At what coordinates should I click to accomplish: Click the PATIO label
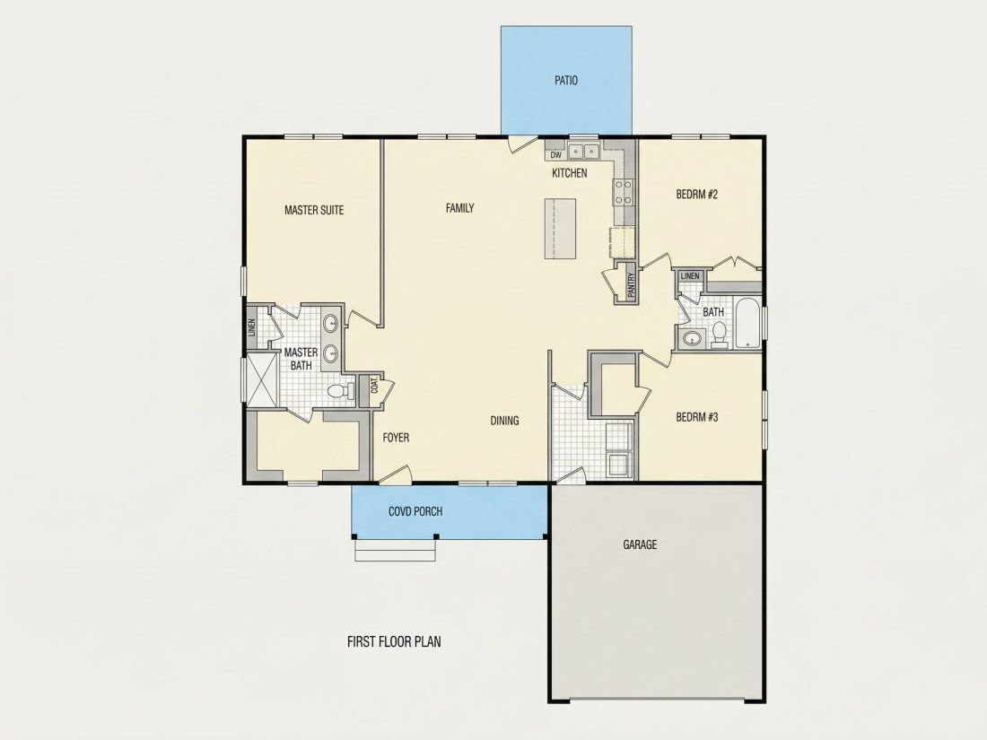pyautogui.click(x=566, y=81)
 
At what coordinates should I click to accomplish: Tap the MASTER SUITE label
pyautogui.click(x=314, y=210)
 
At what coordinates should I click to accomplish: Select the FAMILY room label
pyautogui.click(x=459, y=208)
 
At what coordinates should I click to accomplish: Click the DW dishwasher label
pyautogui.click(x=555, y=155)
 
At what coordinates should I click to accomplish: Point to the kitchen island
pyautogui.click(x=560, y=229)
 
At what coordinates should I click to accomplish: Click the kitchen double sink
pyautogui.click(x=583, y=152)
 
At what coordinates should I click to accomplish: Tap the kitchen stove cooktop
pyautogui.click(x=624, y=192)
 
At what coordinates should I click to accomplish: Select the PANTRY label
pyautogui.click(x=632, y=283)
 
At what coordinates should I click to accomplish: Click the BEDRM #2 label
pyautogui.click(x=697, y=195)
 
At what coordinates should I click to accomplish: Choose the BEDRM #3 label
pyautogui.click(x=697, y=417)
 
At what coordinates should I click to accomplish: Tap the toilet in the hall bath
pyautogui.click(x=719, y=335)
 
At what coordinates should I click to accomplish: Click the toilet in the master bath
pyautogui.click(x=341, y=391)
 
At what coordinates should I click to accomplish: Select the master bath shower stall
pyautogui.click(x=262, y=380)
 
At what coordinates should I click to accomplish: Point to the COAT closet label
pyautogui.click(x=374, y=385)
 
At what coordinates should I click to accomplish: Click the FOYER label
pyautogui.click(x=396, y=438)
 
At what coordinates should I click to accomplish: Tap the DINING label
pyautogui.click(x=504, y=421)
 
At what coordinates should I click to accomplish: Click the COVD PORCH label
pyautogui.click(x=415, y=511)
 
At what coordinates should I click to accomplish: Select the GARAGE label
pyautogui.click(x=640, y=544)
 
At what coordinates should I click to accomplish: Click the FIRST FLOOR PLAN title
pyautogui.click(x=394, y=642)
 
